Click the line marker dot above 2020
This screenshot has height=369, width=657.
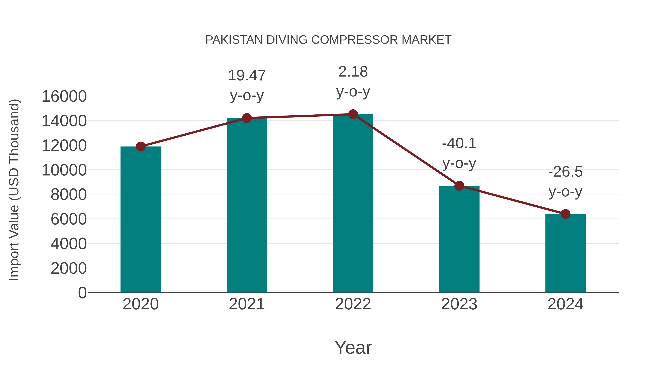click(x=141, y=147)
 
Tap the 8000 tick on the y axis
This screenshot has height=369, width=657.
click(x=69, y=195)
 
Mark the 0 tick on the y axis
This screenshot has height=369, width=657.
click(x=82, y=293)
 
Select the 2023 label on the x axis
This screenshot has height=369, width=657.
click(x=459, y=304)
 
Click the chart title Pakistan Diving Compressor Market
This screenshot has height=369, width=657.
click(x=328, y=40)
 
